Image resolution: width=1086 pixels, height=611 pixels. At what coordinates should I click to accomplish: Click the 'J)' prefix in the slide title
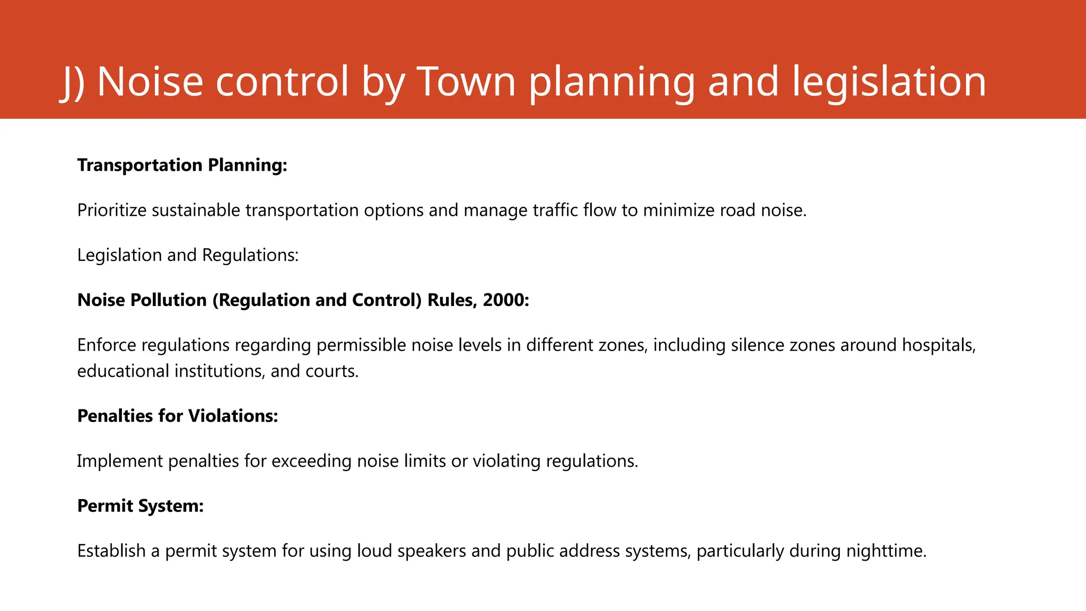pyautogui.click(x=74, y=82)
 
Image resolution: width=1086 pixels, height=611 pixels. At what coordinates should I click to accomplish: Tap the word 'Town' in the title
pyautogui.click(x=466, y=82)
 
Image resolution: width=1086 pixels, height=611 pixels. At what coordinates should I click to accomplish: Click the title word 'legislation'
pyautogui.click(x=889, y=82)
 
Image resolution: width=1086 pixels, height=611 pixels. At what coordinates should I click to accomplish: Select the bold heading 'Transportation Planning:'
pyautogui.click(x=182, y=165)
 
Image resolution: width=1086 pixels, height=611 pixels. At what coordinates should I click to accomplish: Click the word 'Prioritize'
pyautogui.click(x=111, y=210)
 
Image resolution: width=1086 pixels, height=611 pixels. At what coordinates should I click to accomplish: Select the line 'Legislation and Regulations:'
pyautogui.click(x=188, y=255)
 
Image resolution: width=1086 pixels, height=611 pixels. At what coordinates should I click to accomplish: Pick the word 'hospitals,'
pyautogui.click(x=939, y=345)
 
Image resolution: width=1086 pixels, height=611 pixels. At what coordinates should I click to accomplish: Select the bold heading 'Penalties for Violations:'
pyautogui.click(x=178, y=416)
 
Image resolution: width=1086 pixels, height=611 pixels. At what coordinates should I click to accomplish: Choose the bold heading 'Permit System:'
pyautogui.click(x=141, y=506)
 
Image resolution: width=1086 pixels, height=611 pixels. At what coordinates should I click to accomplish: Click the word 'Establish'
pyautogui.click(x=111, y=551)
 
